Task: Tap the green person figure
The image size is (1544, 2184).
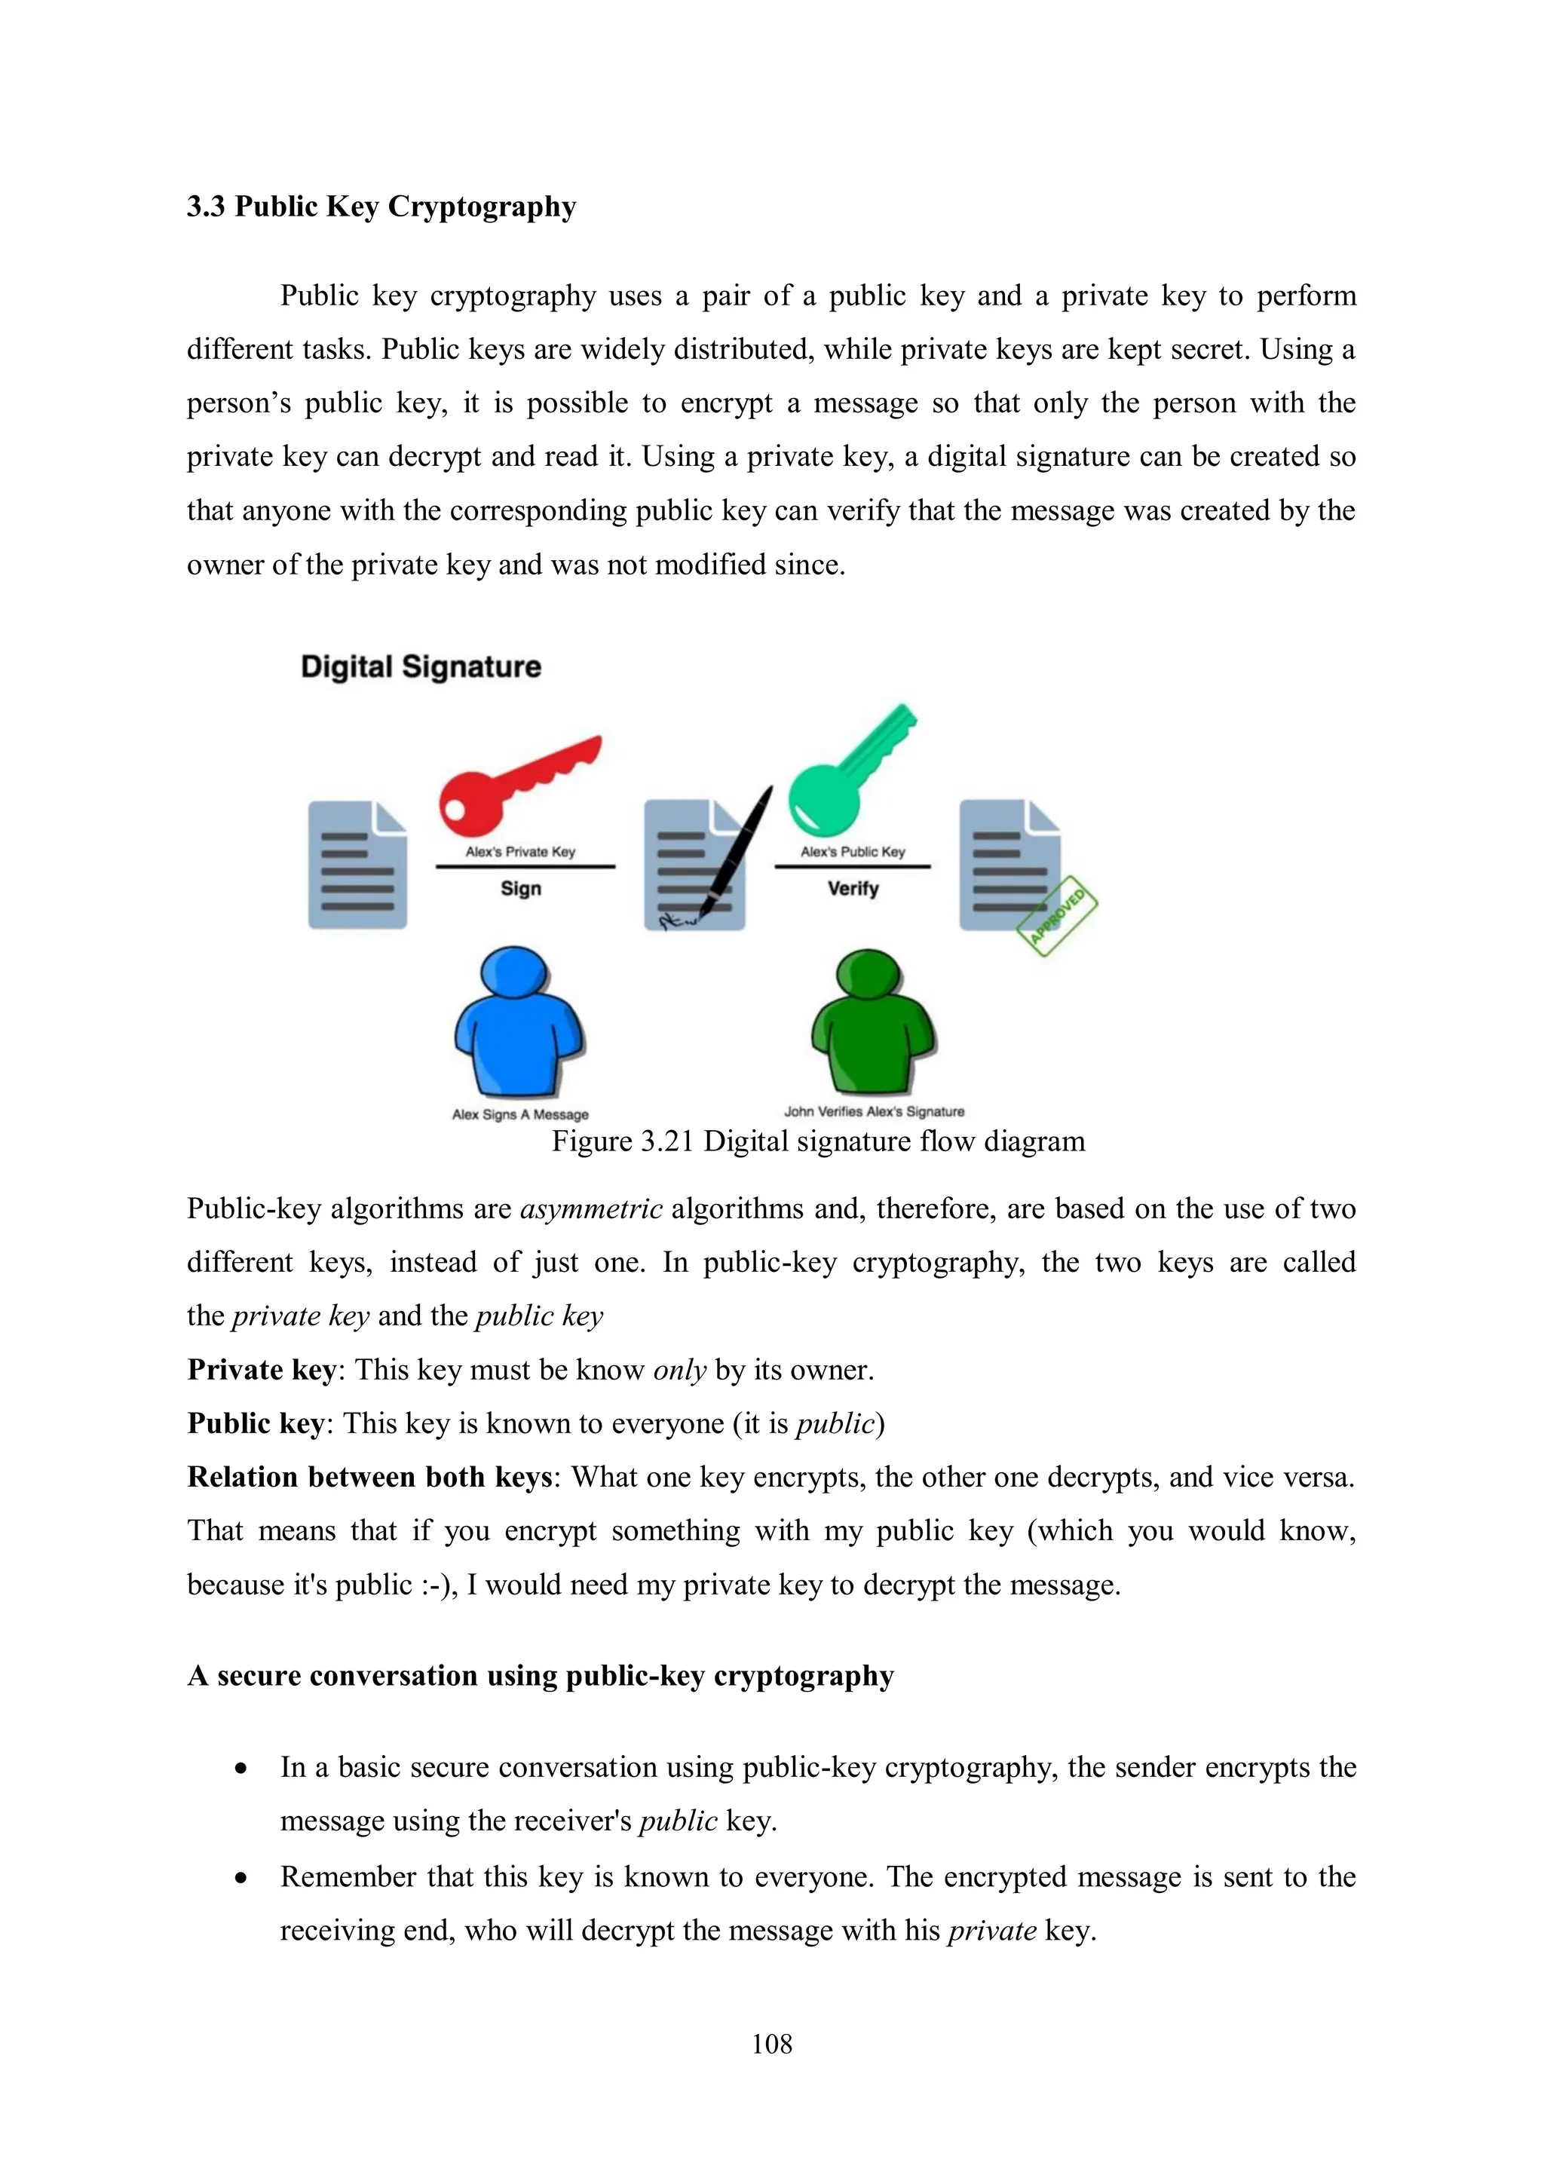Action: pyautogui.click(x=872, y=1022)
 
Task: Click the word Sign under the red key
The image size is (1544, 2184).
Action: pyautogui.click(x=520, y=888)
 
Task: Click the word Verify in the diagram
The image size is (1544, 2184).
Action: pyautogui.click(x=853, y=888)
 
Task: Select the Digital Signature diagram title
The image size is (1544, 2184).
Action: pyautogui.click(x=421, y=666)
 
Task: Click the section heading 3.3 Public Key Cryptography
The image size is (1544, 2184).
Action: pyautogui.click(x=381, y=207)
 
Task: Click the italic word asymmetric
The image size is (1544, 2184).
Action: pyautogui.click(x=591, y=1209)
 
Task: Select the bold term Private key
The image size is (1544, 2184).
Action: pyautogui.click(x=262, y=1370)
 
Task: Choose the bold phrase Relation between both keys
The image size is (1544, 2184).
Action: pyautogui.click(x=369, y=1478)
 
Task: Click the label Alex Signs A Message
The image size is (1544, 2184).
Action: pyautogui.click(x=520, y=1114)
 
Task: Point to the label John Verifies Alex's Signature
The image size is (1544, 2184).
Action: pyautogui.click(x=873, y=1111)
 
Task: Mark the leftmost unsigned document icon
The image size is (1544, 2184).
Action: pyautogui.click(x=357, y=865)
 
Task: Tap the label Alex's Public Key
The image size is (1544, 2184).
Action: pyautogui.click(x=853, y=851)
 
